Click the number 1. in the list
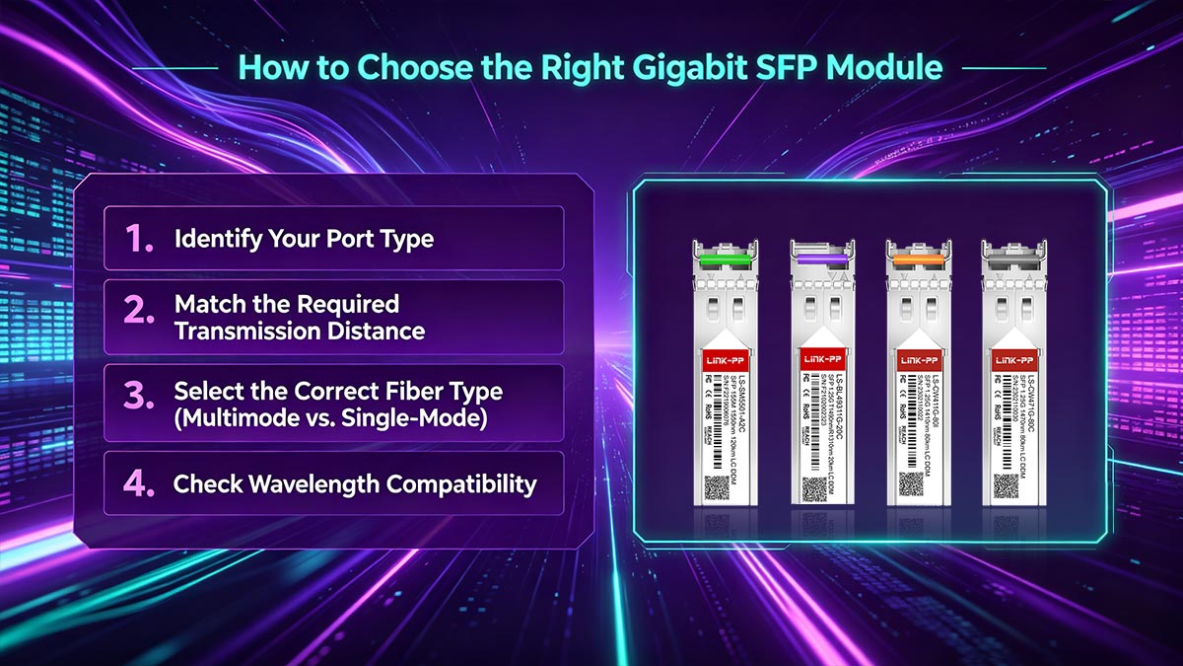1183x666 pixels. coord(139,239)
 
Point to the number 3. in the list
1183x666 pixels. coord(139,398)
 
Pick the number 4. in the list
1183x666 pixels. coord(139,483)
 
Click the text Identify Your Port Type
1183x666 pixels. coord(304,239)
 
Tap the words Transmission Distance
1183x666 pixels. coord(300,331)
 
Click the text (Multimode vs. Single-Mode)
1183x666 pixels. coord(331,417)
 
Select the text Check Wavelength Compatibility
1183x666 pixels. coord(355,484)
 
